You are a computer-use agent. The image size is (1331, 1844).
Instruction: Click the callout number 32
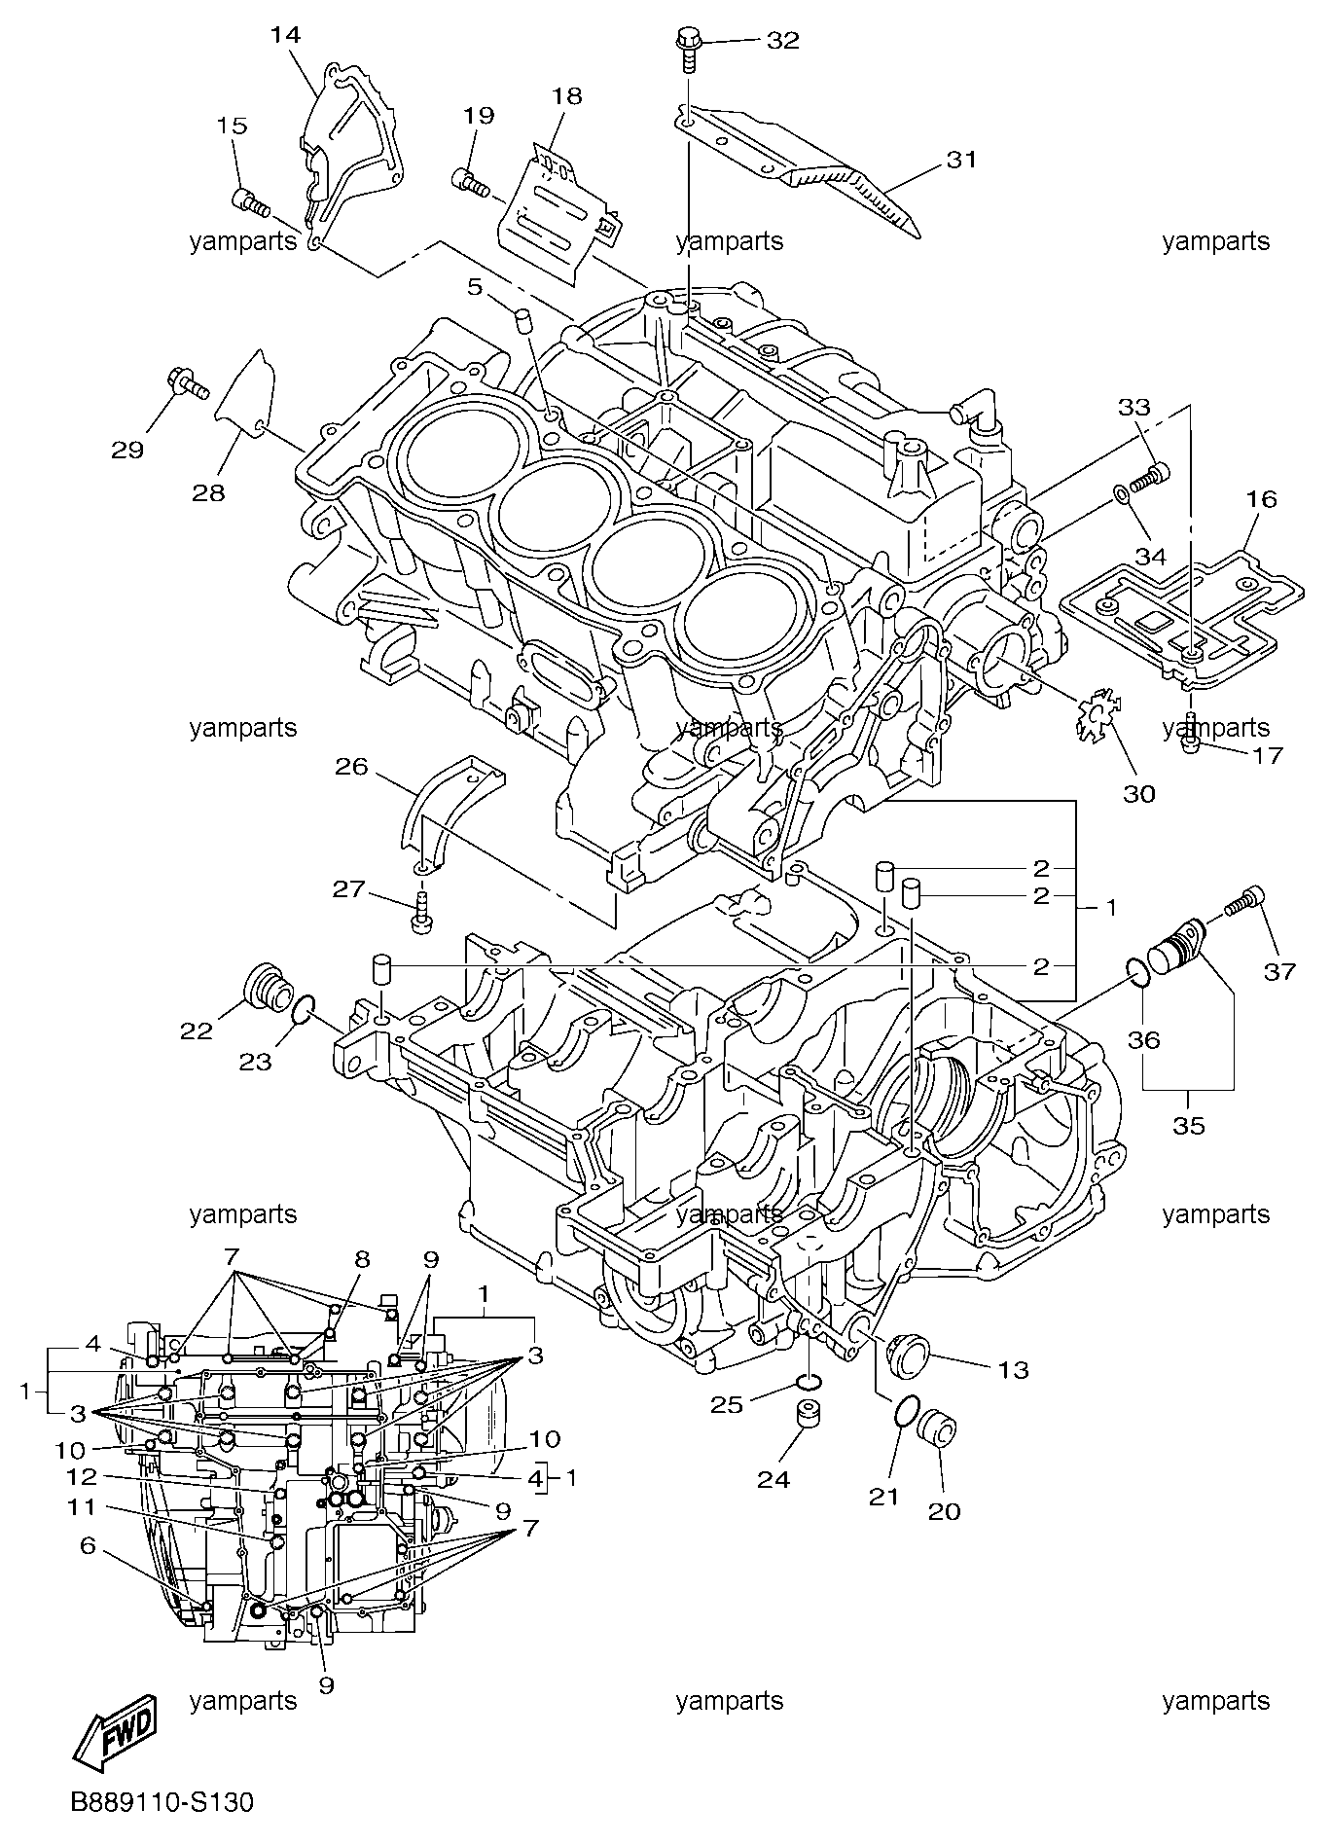point(782,40)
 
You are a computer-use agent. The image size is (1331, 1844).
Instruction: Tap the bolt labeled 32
point(688,49)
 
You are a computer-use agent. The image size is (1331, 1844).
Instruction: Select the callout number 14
point(285,35)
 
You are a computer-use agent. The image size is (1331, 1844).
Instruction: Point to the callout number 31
point(960,159)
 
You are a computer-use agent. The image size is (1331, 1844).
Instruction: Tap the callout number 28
point(208,492)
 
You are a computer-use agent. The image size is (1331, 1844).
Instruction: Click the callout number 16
point(1261,499)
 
